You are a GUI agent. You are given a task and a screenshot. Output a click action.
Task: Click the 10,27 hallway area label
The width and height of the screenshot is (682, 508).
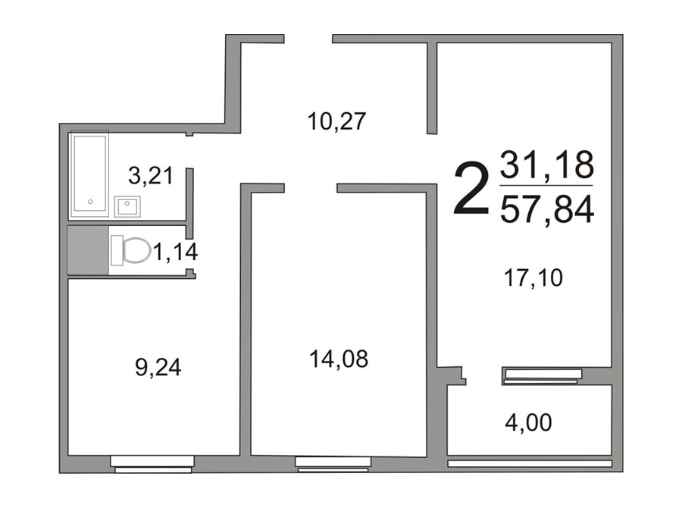pos(336,121)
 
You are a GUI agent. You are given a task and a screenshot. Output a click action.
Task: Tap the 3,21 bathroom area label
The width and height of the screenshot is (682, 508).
pos(151,176)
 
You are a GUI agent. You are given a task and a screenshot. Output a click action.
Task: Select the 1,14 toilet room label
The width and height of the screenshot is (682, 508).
pos(175,252)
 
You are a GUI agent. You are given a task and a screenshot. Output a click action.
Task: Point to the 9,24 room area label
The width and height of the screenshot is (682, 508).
pos(158,368)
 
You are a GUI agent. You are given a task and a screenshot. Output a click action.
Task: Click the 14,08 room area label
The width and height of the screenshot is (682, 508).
pos(339,359)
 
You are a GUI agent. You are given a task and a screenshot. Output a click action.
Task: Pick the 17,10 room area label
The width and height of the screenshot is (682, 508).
pos(533,278)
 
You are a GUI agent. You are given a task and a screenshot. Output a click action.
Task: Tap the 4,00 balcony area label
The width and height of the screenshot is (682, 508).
pos(528,422)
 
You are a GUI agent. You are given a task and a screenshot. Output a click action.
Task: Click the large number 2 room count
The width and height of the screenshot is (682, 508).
pos(471,188)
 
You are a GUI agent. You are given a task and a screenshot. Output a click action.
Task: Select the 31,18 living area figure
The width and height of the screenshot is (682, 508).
pos(546,165)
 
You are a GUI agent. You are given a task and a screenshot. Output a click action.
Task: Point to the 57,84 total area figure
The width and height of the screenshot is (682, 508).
pos(546,209)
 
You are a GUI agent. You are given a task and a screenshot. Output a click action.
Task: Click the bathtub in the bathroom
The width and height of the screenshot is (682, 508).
pos(90,175)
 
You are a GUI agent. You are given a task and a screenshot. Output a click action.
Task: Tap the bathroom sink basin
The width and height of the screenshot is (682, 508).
pos(127,206)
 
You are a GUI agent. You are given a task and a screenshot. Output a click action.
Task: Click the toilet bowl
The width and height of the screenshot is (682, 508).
pos(131,250)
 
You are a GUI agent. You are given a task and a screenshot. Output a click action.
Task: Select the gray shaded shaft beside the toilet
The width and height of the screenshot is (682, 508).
pos(88,250)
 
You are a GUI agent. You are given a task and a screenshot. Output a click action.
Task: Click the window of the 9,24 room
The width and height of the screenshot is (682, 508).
pos(152,464)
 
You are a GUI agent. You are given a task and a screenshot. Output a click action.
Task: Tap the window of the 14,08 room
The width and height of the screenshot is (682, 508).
pos(333,464)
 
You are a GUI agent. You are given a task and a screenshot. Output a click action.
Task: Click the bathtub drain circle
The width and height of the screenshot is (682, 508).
pos(90,202)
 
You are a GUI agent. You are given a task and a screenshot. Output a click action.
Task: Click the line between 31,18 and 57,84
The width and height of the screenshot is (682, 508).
pos(546,186)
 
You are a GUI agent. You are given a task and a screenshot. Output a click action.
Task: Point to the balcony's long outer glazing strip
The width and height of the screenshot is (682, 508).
pos(530,463)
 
